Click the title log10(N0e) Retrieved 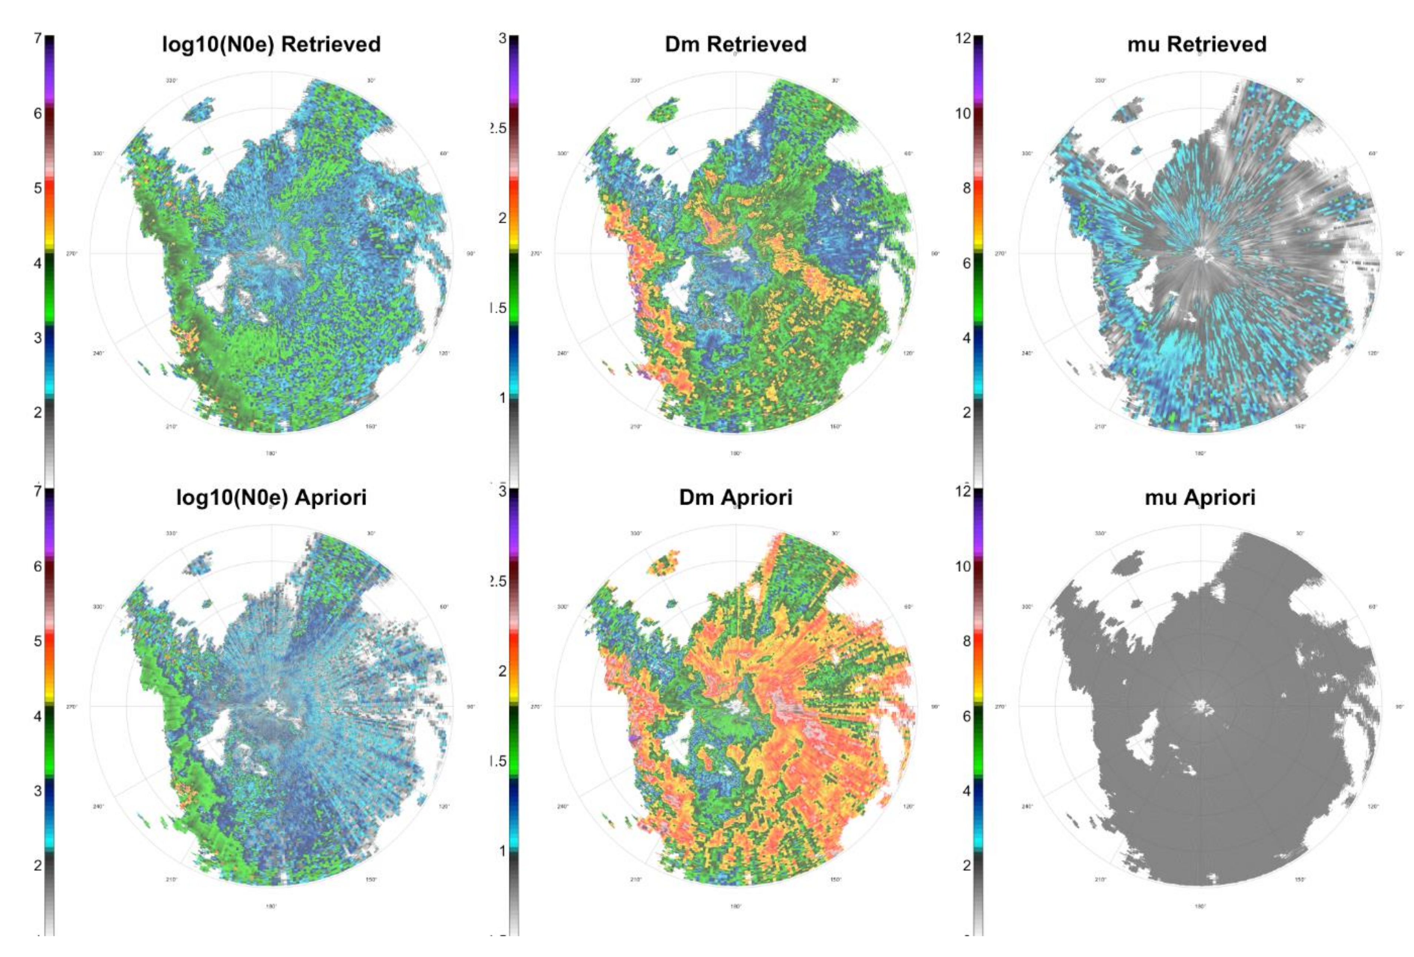[272, 44]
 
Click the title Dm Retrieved [736, 44]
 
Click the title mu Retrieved [1197, 44]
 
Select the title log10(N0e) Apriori [272, 498]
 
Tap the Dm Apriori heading [736, 498]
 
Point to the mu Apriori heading [1200, 498]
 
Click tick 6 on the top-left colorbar [38, 113]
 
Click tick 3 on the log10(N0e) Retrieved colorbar [38, 338]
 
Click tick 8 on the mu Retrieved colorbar [966, 188]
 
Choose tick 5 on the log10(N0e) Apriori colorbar [38, 641]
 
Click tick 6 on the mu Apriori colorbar [966, 716]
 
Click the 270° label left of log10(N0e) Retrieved [72, 254]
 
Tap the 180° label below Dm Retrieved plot [736, 453]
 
